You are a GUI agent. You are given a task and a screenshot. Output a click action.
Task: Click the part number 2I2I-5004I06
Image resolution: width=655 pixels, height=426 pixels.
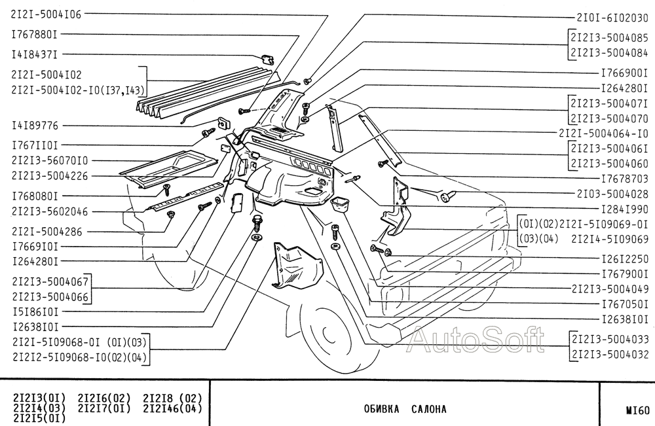click(47, 14)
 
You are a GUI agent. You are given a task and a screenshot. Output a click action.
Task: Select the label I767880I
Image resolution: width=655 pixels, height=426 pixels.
click(35, 34)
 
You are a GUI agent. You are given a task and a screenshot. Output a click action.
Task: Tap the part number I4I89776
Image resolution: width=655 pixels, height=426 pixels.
click(35, 126)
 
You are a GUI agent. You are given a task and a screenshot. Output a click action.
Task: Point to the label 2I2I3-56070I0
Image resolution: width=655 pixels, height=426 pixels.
click(50, 160)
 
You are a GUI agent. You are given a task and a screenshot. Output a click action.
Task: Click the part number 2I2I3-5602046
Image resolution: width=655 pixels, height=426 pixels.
click(50, 211)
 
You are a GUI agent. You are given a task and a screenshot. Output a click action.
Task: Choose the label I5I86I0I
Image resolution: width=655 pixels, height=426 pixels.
click(35, 311)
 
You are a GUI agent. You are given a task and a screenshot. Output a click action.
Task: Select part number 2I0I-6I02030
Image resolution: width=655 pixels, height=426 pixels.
click(612, 18)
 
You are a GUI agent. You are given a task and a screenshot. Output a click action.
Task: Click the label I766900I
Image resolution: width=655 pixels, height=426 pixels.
click(624, 73)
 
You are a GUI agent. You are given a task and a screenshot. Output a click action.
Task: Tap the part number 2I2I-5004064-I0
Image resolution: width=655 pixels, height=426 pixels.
click(604, 133)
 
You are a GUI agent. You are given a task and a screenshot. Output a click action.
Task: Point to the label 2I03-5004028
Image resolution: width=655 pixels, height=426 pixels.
click(612, 194)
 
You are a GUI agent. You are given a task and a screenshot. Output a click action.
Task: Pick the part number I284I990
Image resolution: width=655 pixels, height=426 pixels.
click(625, 209)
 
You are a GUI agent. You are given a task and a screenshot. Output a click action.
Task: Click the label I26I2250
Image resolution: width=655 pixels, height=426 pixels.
click(625, 259)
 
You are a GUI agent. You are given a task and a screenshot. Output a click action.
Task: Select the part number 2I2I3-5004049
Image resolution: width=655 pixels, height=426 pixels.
click(610, 289)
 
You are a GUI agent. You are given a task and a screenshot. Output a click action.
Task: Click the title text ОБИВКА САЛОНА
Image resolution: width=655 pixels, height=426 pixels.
click(405, 409)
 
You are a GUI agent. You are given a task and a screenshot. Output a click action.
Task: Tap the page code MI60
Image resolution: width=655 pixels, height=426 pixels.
click(637, 410)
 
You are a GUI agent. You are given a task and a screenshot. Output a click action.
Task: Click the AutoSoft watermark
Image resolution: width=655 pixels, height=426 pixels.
click(476, 340)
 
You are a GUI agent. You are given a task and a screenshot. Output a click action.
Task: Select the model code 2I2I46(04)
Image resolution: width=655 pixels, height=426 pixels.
click(172, 408)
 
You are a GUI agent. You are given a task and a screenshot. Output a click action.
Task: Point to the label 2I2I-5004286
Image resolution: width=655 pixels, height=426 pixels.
click(47, 232)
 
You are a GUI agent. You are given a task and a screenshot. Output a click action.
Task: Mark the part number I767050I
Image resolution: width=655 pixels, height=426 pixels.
click(625, 304)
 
